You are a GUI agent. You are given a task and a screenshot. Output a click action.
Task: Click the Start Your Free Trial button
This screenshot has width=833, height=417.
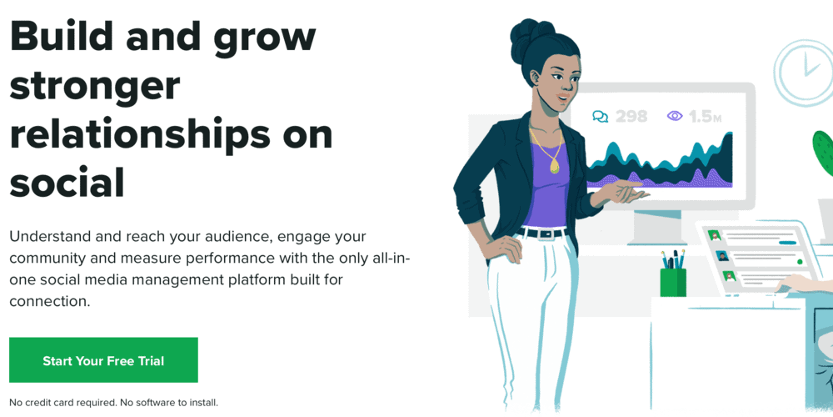coord(103,360)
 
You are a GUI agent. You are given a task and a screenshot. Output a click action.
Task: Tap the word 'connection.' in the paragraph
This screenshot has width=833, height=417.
coord(49,301)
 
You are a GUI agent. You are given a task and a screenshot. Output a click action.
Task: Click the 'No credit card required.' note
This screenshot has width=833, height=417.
coord(62,402)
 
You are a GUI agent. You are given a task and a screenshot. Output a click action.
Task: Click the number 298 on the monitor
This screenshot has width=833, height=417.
coord(631,117)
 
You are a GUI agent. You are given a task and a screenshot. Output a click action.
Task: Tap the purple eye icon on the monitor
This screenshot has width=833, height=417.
coord(675,117)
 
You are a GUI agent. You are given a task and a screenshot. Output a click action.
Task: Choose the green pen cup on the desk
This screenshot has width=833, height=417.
coord(672,281)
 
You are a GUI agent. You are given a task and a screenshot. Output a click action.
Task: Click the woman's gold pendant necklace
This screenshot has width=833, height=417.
coord(555,164)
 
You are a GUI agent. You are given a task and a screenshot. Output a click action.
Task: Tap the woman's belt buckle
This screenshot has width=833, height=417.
coord(546,234)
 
